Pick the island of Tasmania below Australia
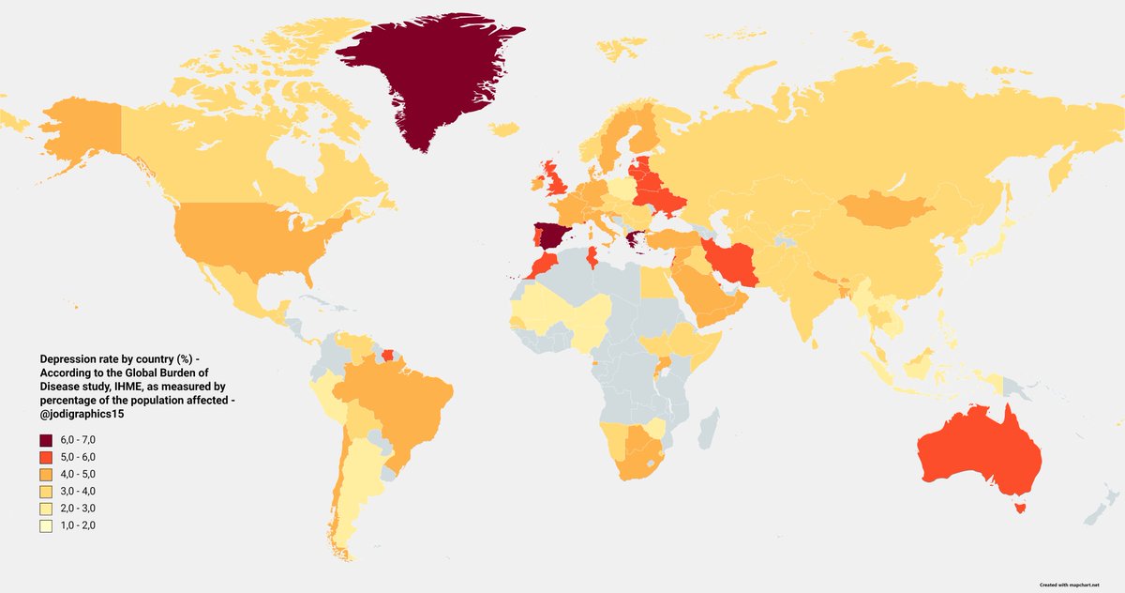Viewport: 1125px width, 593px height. pos(1021,509)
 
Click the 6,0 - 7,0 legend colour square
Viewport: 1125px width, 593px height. pos(46,441)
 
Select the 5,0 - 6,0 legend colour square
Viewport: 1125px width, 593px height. pos(46,458)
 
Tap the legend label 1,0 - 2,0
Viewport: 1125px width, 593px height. pos(79,525)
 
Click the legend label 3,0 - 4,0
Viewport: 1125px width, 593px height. pos(79,492)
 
